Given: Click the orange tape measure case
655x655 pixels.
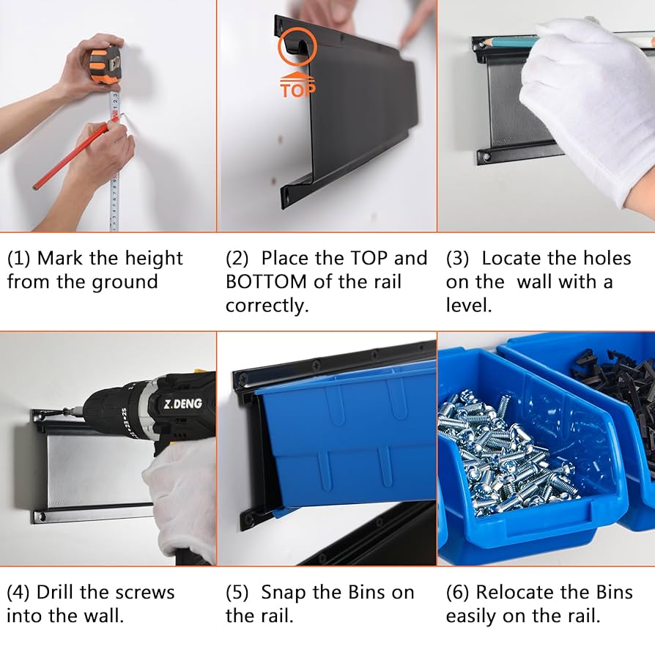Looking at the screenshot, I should pos(105,65).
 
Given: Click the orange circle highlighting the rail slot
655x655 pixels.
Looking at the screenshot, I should pos(297,48).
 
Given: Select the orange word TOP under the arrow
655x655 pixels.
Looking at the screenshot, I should pos(297,89).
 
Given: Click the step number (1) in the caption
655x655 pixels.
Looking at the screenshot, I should pos(19,259).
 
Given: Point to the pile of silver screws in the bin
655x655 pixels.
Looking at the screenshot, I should pos(498,462).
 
